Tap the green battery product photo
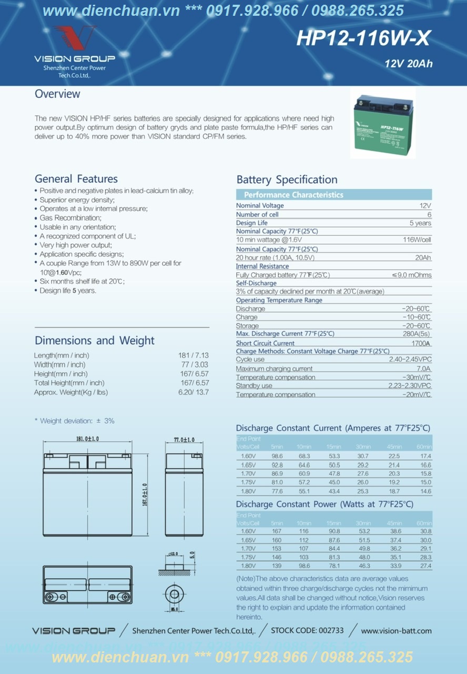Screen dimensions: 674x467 (x=382, y=123)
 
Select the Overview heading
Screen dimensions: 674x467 (x=57, y=94)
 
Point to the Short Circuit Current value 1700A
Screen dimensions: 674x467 (x=421, y=343)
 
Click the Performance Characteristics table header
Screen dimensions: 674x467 (x=293, y=195)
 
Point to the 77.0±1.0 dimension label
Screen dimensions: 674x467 (x=184, y=440)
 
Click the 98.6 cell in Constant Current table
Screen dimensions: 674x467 (x=277, y=456)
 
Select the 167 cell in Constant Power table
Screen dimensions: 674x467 (x=277, y=531)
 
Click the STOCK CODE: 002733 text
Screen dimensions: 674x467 (x=307, y=630)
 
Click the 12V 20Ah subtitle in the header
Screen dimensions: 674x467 (x=409, y=64)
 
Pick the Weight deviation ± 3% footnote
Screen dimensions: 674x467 (x=74, y=421)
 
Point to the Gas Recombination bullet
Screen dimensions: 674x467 (x=70, y=218)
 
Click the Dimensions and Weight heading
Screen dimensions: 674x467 (x=95, y=341)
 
